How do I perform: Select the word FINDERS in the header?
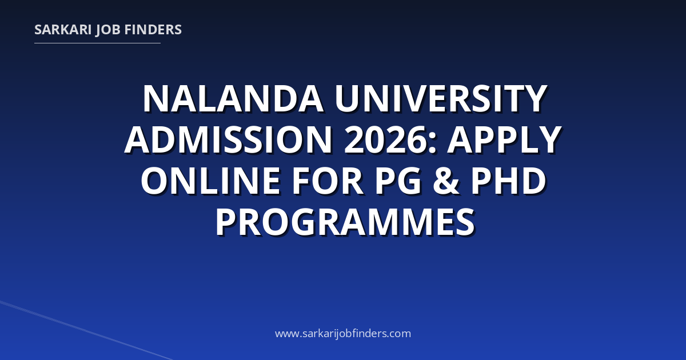tap(153, 30)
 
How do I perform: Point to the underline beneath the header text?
tap(97, 43)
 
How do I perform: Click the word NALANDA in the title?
tap(233, 99)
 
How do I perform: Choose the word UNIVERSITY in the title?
tap(441, 99)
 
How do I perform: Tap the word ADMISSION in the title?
tap(229, 139)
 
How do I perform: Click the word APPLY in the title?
tap(504, 139)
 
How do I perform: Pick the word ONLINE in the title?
tap(211, 181)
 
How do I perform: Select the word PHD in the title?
tap(508, 181)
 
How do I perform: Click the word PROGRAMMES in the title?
tap(345, 222)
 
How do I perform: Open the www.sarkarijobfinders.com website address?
tap(343, 333)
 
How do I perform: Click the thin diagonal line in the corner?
tap(86, 330)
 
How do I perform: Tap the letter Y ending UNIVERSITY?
tap(533, 99)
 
